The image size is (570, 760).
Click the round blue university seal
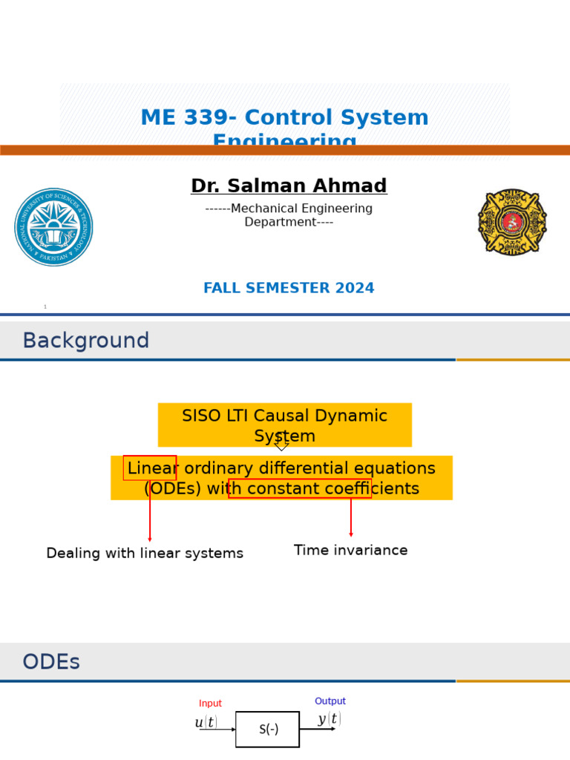pos(53,227)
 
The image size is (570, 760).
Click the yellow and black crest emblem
pos(512,221)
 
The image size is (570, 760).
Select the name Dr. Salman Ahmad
pos(289,186)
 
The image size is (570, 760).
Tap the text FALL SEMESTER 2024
pos(289,289)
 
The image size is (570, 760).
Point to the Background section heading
pos(86,341)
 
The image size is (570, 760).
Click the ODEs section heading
pos(51,662)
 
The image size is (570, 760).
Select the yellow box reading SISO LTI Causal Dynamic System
pos(285,425)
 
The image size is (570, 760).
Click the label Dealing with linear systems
pos(145,554)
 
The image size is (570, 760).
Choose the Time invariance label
pos(351,551)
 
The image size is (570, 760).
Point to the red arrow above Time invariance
pos(351,517)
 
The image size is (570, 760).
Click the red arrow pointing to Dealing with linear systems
pos(150,512)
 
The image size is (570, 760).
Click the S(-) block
pos(268,730)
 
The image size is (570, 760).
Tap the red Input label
pos(210,704)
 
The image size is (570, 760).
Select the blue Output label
pos(330,701)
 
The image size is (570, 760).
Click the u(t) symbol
pos(206,723)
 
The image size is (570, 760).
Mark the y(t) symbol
pos(330,719)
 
